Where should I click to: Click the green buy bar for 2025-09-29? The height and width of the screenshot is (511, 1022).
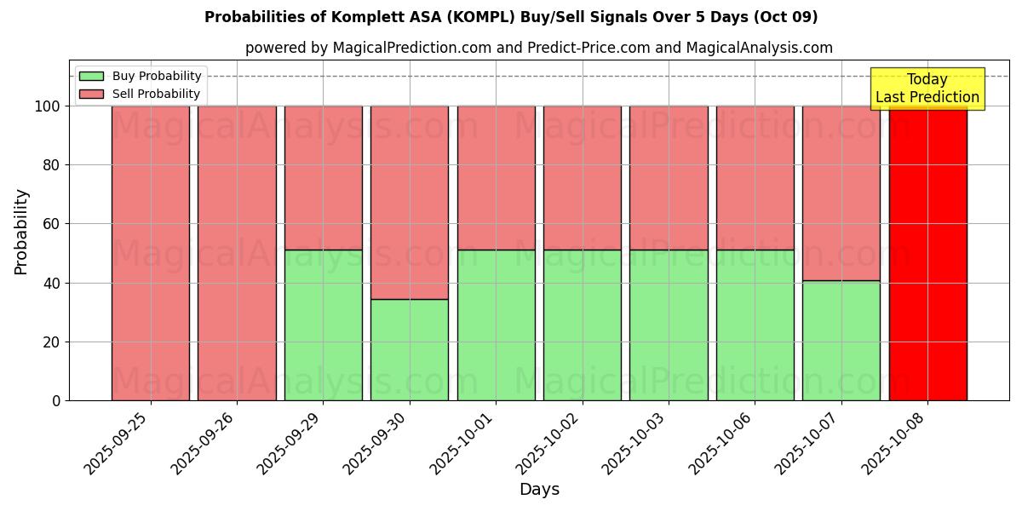point(323,324)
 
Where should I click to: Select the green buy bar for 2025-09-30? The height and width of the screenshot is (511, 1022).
point(410,349)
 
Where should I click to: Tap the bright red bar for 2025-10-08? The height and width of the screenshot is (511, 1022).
point(927,255)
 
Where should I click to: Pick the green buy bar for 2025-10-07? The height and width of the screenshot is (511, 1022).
point(841,341)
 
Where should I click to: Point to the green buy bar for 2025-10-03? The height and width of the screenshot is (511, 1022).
point(669,324)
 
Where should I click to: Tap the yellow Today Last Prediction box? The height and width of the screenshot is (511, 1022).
point(927,89)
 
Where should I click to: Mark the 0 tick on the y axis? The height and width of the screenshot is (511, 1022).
point(55,400)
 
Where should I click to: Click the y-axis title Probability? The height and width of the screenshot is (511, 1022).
point(21,232)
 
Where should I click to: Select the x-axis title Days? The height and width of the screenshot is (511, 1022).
point(539,490)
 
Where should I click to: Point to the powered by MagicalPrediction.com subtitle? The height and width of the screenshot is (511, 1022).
point(538,48)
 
